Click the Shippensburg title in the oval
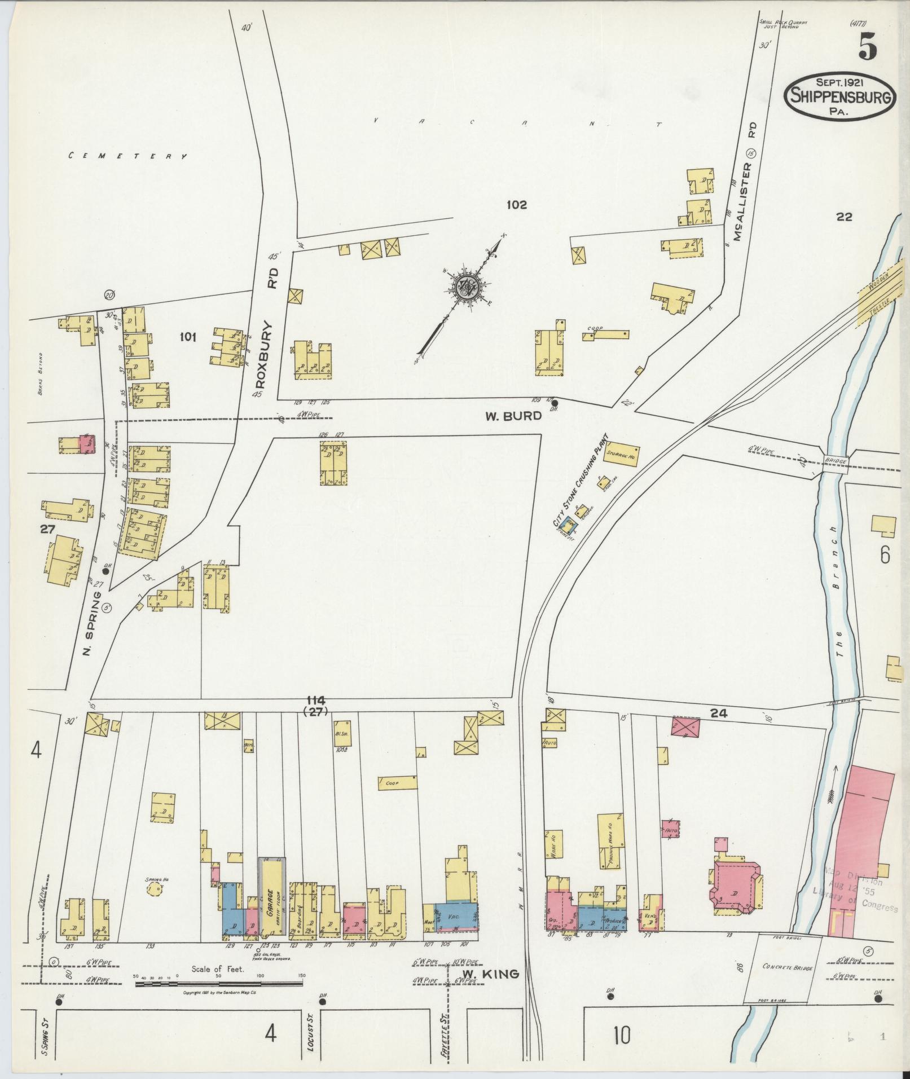coord(839,96)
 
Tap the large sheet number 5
coord(868,47)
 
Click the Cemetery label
coord(128,156)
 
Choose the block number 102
coord(516,205)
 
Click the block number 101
coord(187,337)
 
